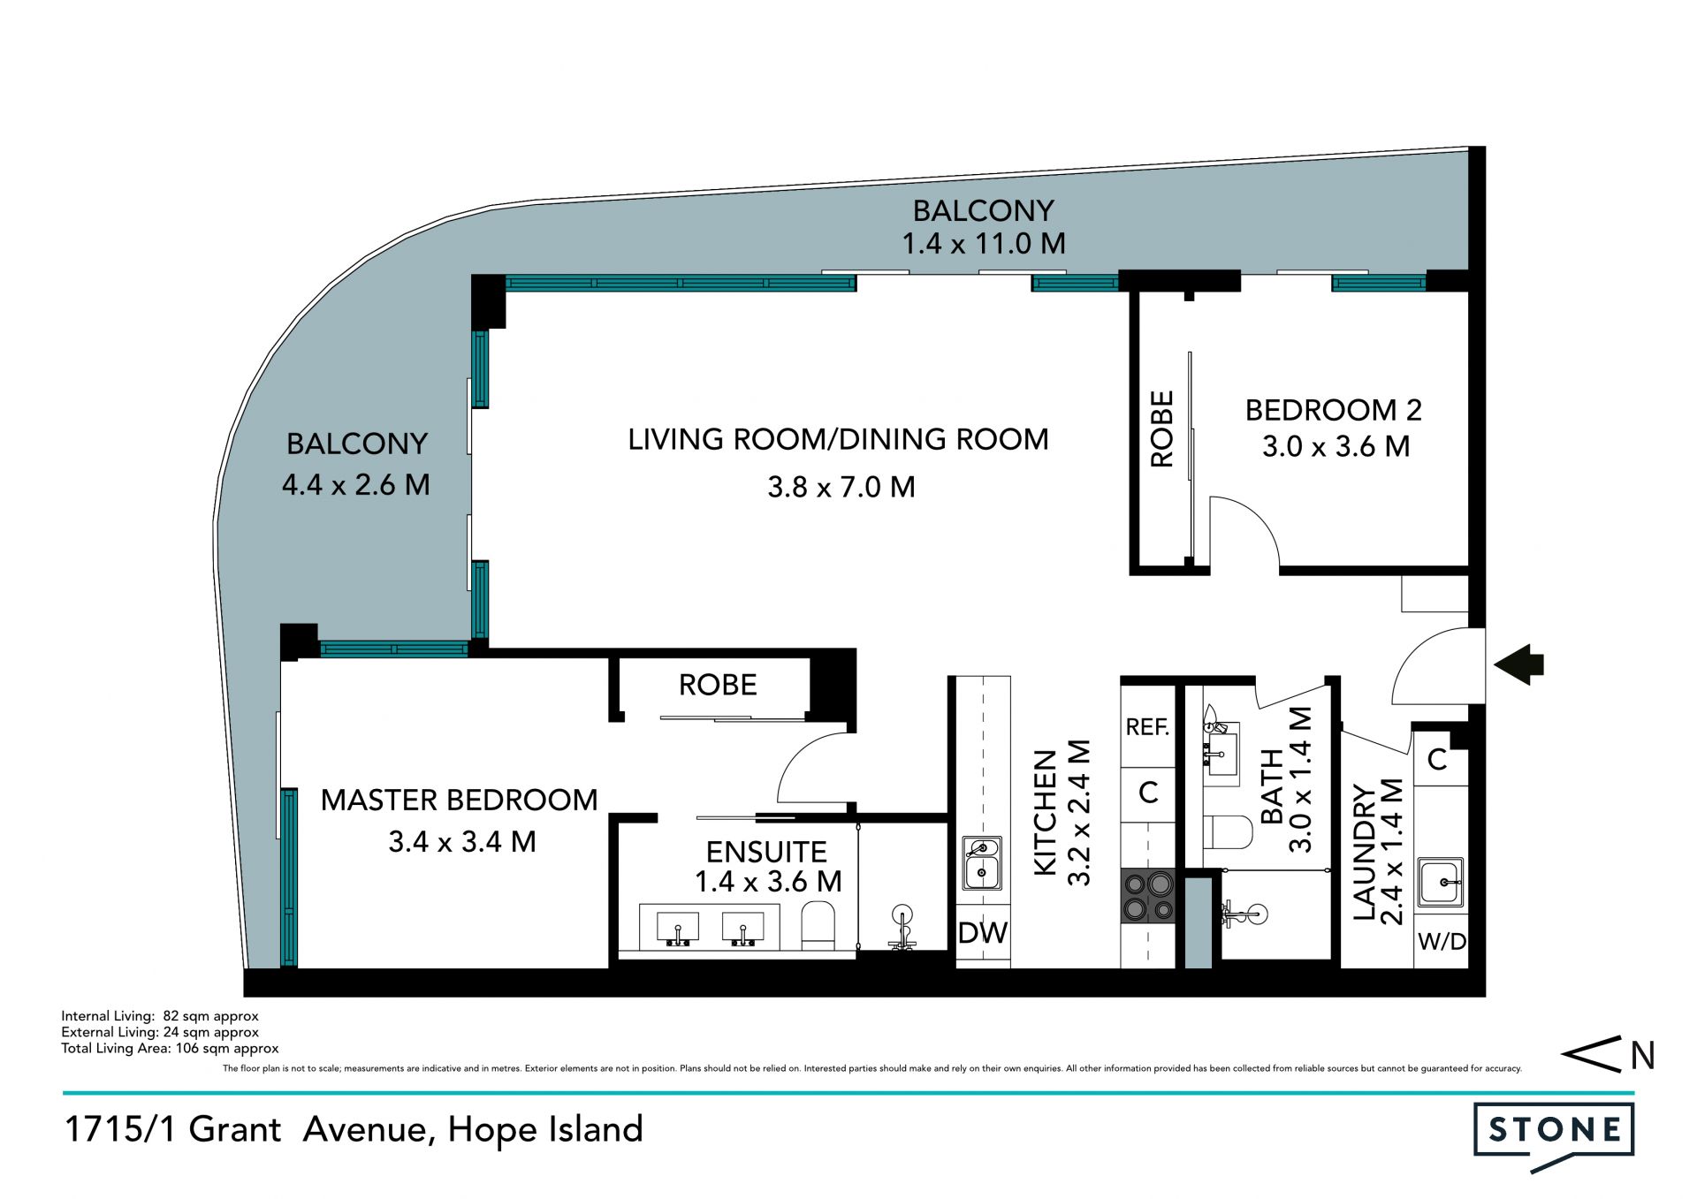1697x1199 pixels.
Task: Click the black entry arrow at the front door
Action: coord(1518,664)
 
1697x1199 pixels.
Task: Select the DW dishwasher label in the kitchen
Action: coord(983,932)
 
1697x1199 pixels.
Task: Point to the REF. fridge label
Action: coord(1147,726)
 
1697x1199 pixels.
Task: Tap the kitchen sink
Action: coord(982,863)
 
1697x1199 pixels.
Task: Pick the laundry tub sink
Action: coord(1441,882)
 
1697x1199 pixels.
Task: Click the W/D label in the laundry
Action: coord(1442,942)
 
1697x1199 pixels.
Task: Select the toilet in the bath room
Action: coord(1229,832)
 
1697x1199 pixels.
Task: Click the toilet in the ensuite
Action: coord(818,925)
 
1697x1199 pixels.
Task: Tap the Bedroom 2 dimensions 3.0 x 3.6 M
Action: coord(1336,446)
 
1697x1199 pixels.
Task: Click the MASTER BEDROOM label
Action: coord(459,800)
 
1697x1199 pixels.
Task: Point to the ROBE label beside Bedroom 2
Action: coord(1161,429)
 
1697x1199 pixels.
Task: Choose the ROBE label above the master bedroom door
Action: coord(718,685)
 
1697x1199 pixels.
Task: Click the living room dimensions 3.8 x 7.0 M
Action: coord(841,487)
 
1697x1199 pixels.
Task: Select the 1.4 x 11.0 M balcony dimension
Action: coord(984,243)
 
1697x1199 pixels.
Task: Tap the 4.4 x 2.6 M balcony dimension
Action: coord(356,484)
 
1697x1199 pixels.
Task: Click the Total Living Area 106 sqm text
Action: coord(170,1049)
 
